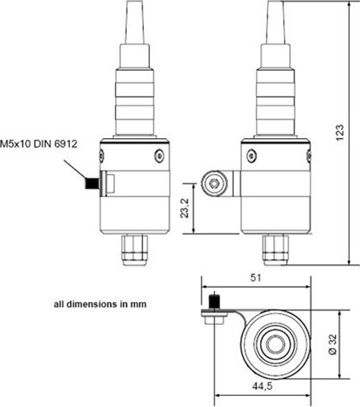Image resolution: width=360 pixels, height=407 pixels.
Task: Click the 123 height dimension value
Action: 340,132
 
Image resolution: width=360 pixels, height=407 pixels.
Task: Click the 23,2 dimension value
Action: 185,208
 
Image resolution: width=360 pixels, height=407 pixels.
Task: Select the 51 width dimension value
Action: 256,278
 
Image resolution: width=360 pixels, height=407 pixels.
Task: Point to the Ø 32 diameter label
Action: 332,344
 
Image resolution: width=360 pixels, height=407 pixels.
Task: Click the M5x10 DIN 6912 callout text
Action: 39,144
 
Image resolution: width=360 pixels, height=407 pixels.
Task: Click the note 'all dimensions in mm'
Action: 100,304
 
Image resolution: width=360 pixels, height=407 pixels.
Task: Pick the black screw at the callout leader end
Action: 92,183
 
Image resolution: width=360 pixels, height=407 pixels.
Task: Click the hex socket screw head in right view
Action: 215,184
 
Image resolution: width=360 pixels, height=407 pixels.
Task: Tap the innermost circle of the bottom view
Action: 275,344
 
